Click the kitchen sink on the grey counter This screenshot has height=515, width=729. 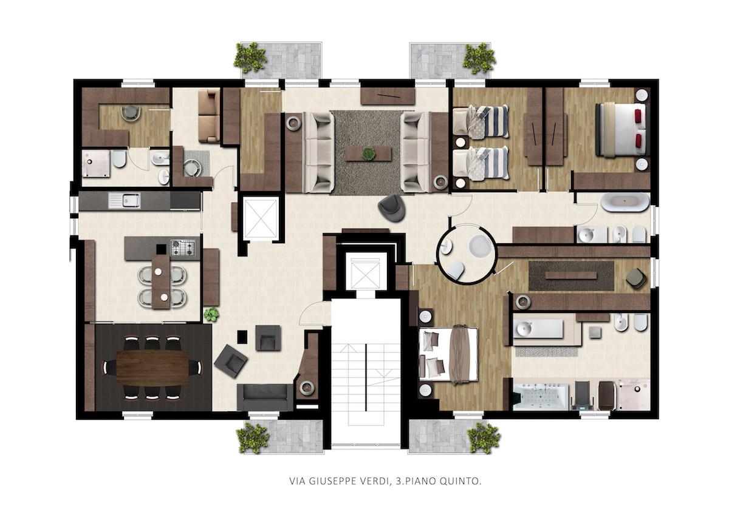[125, 200]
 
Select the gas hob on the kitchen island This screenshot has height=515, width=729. [183, 248]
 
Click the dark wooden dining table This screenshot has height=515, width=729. [152, 368]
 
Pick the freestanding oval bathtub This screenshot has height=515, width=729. [625, 203]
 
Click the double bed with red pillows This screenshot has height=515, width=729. [622, 130]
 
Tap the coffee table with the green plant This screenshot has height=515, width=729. [368, 153]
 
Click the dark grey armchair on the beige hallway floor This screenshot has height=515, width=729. [392, 208]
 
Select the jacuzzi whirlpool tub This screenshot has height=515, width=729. [541, 397]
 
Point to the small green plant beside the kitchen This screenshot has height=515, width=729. [211, 314]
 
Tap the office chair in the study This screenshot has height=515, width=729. [131, 112]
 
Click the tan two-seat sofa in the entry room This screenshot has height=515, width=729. [209, 116]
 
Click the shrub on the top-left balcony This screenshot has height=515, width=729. [250, 58]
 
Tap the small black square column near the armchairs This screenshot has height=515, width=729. [242, 337]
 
